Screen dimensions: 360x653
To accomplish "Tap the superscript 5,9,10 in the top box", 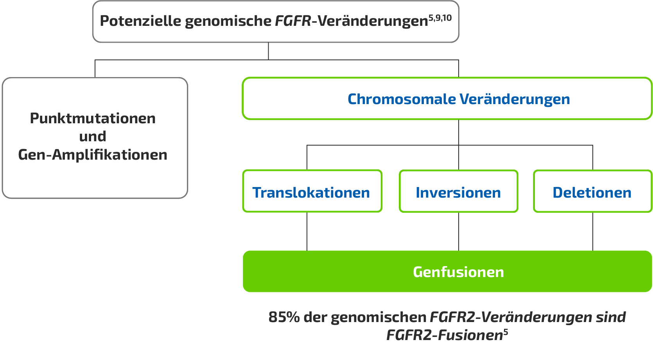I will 440,18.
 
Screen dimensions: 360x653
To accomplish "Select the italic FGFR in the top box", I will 292,21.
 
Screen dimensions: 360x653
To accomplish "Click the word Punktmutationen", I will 93,118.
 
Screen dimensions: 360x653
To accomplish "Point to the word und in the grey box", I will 93,137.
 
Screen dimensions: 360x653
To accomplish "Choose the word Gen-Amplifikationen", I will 93,155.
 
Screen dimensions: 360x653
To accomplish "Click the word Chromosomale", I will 402,99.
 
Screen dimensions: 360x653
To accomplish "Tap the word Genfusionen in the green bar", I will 458,272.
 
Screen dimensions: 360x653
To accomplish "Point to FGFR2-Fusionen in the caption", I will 444,335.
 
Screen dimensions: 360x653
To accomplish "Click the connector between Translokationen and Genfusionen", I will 307,231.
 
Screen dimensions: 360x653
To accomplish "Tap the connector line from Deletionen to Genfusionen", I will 593,231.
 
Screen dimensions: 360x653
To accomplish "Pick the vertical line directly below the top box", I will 268,51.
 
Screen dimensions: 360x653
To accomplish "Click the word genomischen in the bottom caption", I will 378,317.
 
